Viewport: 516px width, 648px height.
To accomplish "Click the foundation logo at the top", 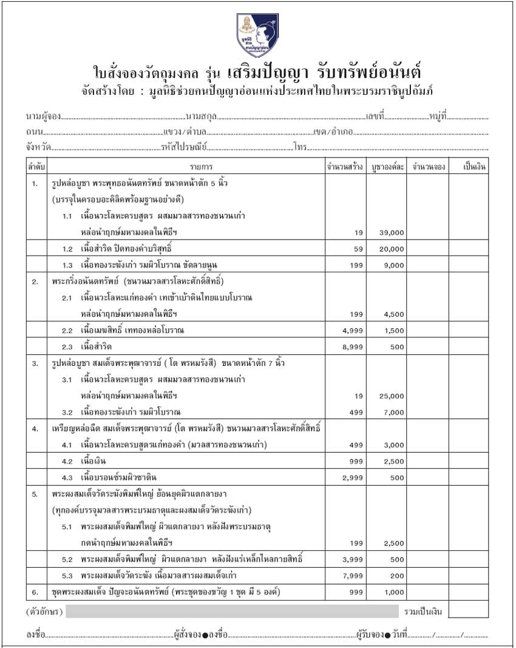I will click(257, 35).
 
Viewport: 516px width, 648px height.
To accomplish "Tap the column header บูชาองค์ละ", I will click(387, 167).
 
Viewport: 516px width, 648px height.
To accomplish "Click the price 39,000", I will click(391, 233).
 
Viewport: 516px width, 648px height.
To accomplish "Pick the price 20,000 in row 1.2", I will click(391, 249).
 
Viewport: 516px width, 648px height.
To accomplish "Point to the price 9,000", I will click(393, 265).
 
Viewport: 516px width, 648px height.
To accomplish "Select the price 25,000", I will click(391, 396).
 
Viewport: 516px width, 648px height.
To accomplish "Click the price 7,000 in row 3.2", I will click(393, 412).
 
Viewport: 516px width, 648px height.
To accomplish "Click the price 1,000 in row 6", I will click(393, 592).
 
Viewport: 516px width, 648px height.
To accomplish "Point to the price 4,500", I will click(393, 314).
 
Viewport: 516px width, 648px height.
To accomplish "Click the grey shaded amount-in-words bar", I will click(231, 611).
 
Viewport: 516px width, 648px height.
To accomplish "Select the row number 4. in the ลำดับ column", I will click(35, 429).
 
